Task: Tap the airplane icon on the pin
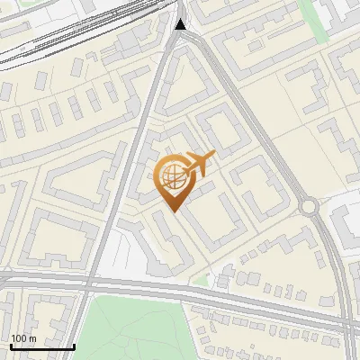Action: [198, 164]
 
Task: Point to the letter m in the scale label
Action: [31, 338]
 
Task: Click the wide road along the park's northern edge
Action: [180, 290]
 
